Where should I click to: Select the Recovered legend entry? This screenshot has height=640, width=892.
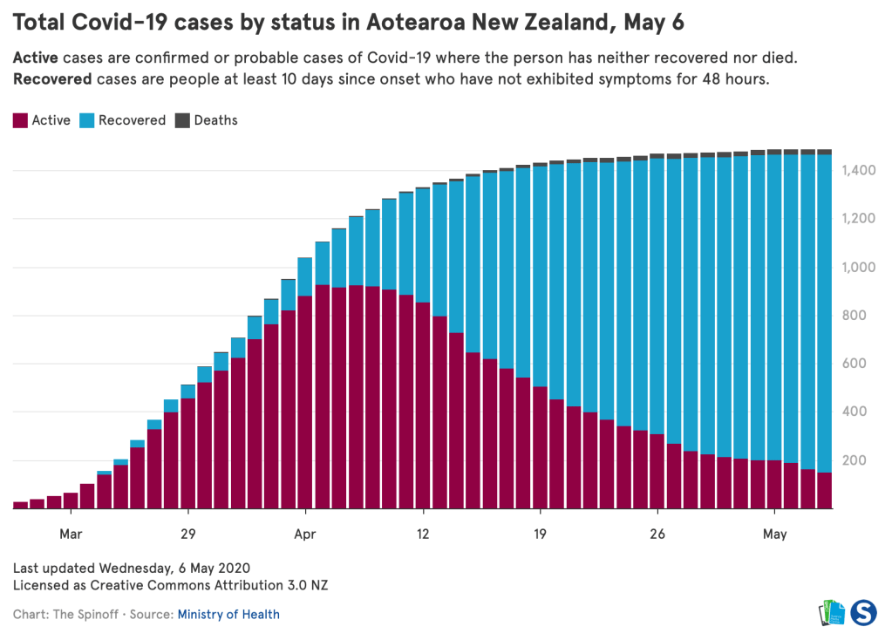(x=123, y=120)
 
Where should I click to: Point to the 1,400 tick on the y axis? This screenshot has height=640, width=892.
(x=861, y=170)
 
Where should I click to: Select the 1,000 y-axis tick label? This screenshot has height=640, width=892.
(x=861, y=267)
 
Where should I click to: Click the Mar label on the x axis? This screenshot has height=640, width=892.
(x=71, y=534)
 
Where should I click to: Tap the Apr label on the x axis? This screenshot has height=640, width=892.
(x=305, y=534)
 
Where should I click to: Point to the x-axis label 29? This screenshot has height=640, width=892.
(x=187, y=534)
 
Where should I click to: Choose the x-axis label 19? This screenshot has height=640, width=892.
(x=540, y=534)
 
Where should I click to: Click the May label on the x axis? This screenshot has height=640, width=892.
(x=775, y=534)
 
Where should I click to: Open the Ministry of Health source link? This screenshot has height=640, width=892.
(x=228, y=615)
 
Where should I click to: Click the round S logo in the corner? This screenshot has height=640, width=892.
(x=863, y=611)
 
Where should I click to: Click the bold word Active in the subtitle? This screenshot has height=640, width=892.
(x=36, y=58)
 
